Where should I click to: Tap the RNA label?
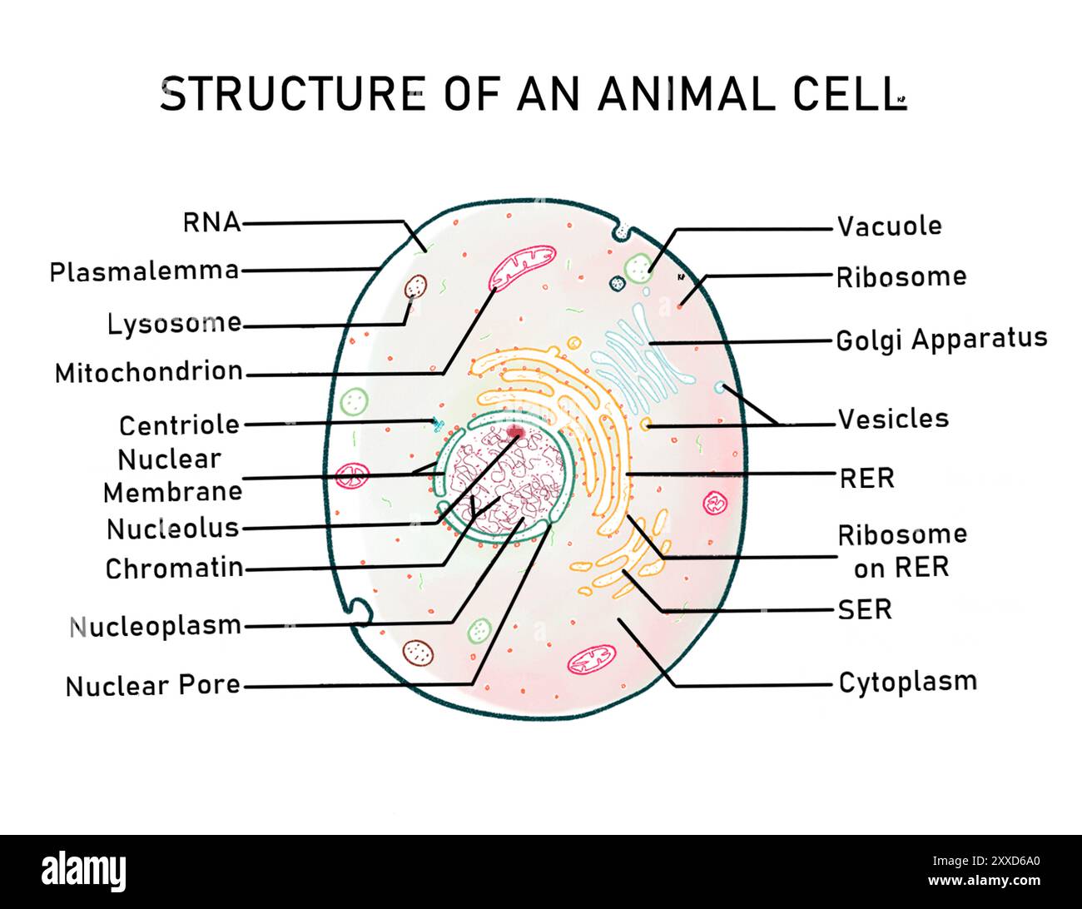(x=211, y=222)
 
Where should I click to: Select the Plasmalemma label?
(x=144, y=271)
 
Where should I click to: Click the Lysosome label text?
(x=174, y=323)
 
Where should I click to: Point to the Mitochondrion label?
(x=149, y=372)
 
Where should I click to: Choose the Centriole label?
(x=179, y=425)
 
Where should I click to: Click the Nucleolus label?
(x=172, y=529)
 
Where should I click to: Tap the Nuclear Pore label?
(x=153, y=686)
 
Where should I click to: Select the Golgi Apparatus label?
(x=941, y=339)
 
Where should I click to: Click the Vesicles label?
(x=893, y=418)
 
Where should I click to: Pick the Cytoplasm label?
(x=907, y=682)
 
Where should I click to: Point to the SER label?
(x=865, y=609)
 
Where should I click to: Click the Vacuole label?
(x=889, y=226)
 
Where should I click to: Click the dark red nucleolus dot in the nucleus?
(x=517, y=433)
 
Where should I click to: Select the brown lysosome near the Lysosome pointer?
(x=415, y=287)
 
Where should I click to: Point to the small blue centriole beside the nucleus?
(x=435, y=424)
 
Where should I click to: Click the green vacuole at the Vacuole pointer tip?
(x=639, y=268)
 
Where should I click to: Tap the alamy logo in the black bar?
(x=84, y=872)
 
